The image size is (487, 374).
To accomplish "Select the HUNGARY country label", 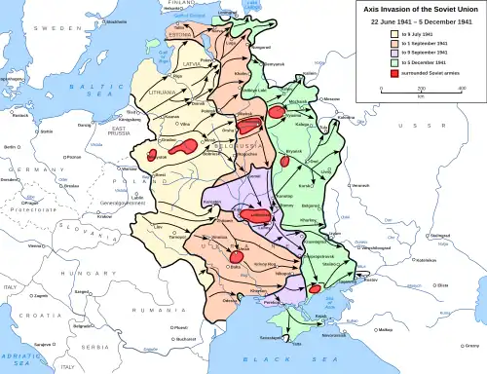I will [x=97, y=275].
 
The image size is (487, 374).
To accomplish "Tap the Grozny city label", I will [x=473, y=345].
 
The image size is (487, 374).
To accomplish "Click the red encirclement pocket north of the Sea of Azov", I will [x=316, y=290].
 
